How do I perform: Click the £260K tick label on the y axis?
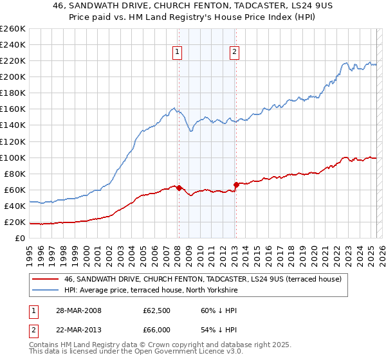(x=13, y=29)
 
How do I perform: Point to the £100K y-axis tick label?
(x=13, y=157)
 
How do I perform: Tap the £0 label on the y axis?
(x=20, y=239)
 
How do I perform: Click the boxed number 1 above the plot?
(x=177, y=53)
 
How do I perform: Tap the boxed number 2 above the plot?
(x=234, y=53)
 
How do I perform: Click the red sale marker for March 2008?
(x=179, y=188)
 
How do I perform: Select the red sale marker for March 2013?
(x=236, y=185)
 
